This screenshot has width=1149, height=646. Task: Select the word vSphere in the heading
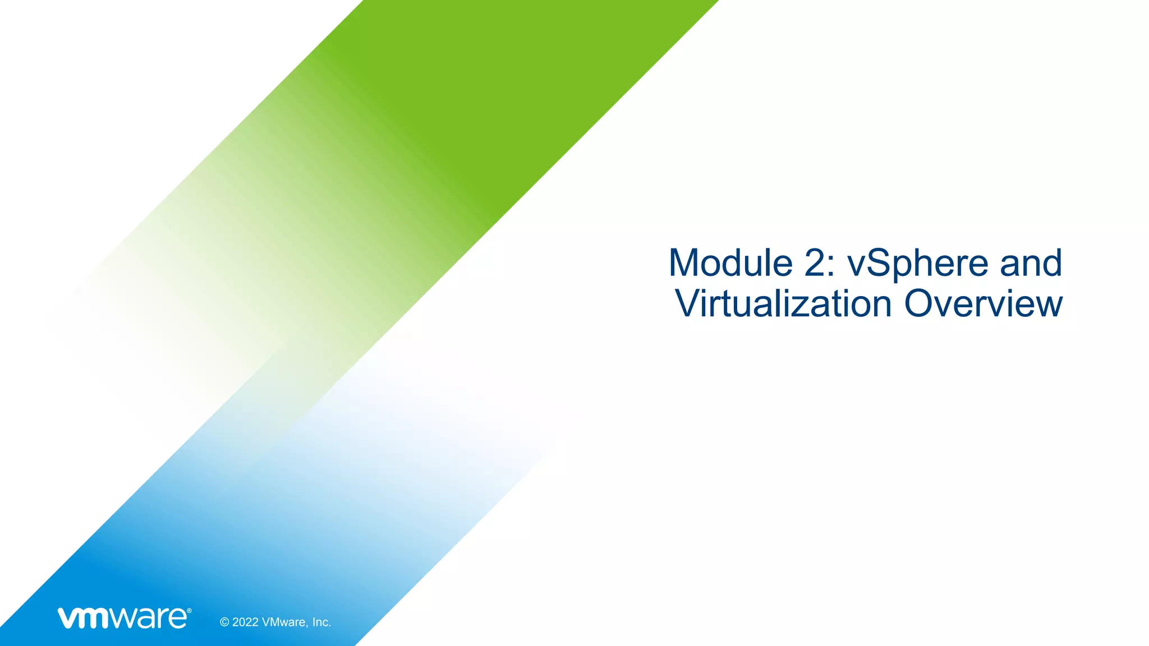coord(918,264)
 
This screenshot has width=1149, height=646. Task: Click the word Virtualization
coord(783,304)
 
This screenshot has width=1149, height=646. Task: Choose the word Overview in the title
coord(983,304)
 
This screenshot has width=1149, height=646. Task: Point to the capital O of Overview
coord(922,304)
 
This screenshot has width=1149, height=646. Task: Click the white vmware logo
coord(123,618)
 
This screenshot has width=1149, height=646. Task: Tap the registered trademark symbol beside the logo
coord(189,611)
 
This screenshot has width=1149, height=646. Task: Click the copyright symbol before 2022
coord(224,622)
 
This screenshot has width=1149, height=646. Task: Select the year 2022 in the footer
coord(246,622)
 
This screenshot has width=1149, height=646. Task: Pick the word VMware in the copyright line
coord(284,622)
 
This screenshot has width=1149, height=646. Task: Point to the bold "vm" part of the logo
coord(84,619)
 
